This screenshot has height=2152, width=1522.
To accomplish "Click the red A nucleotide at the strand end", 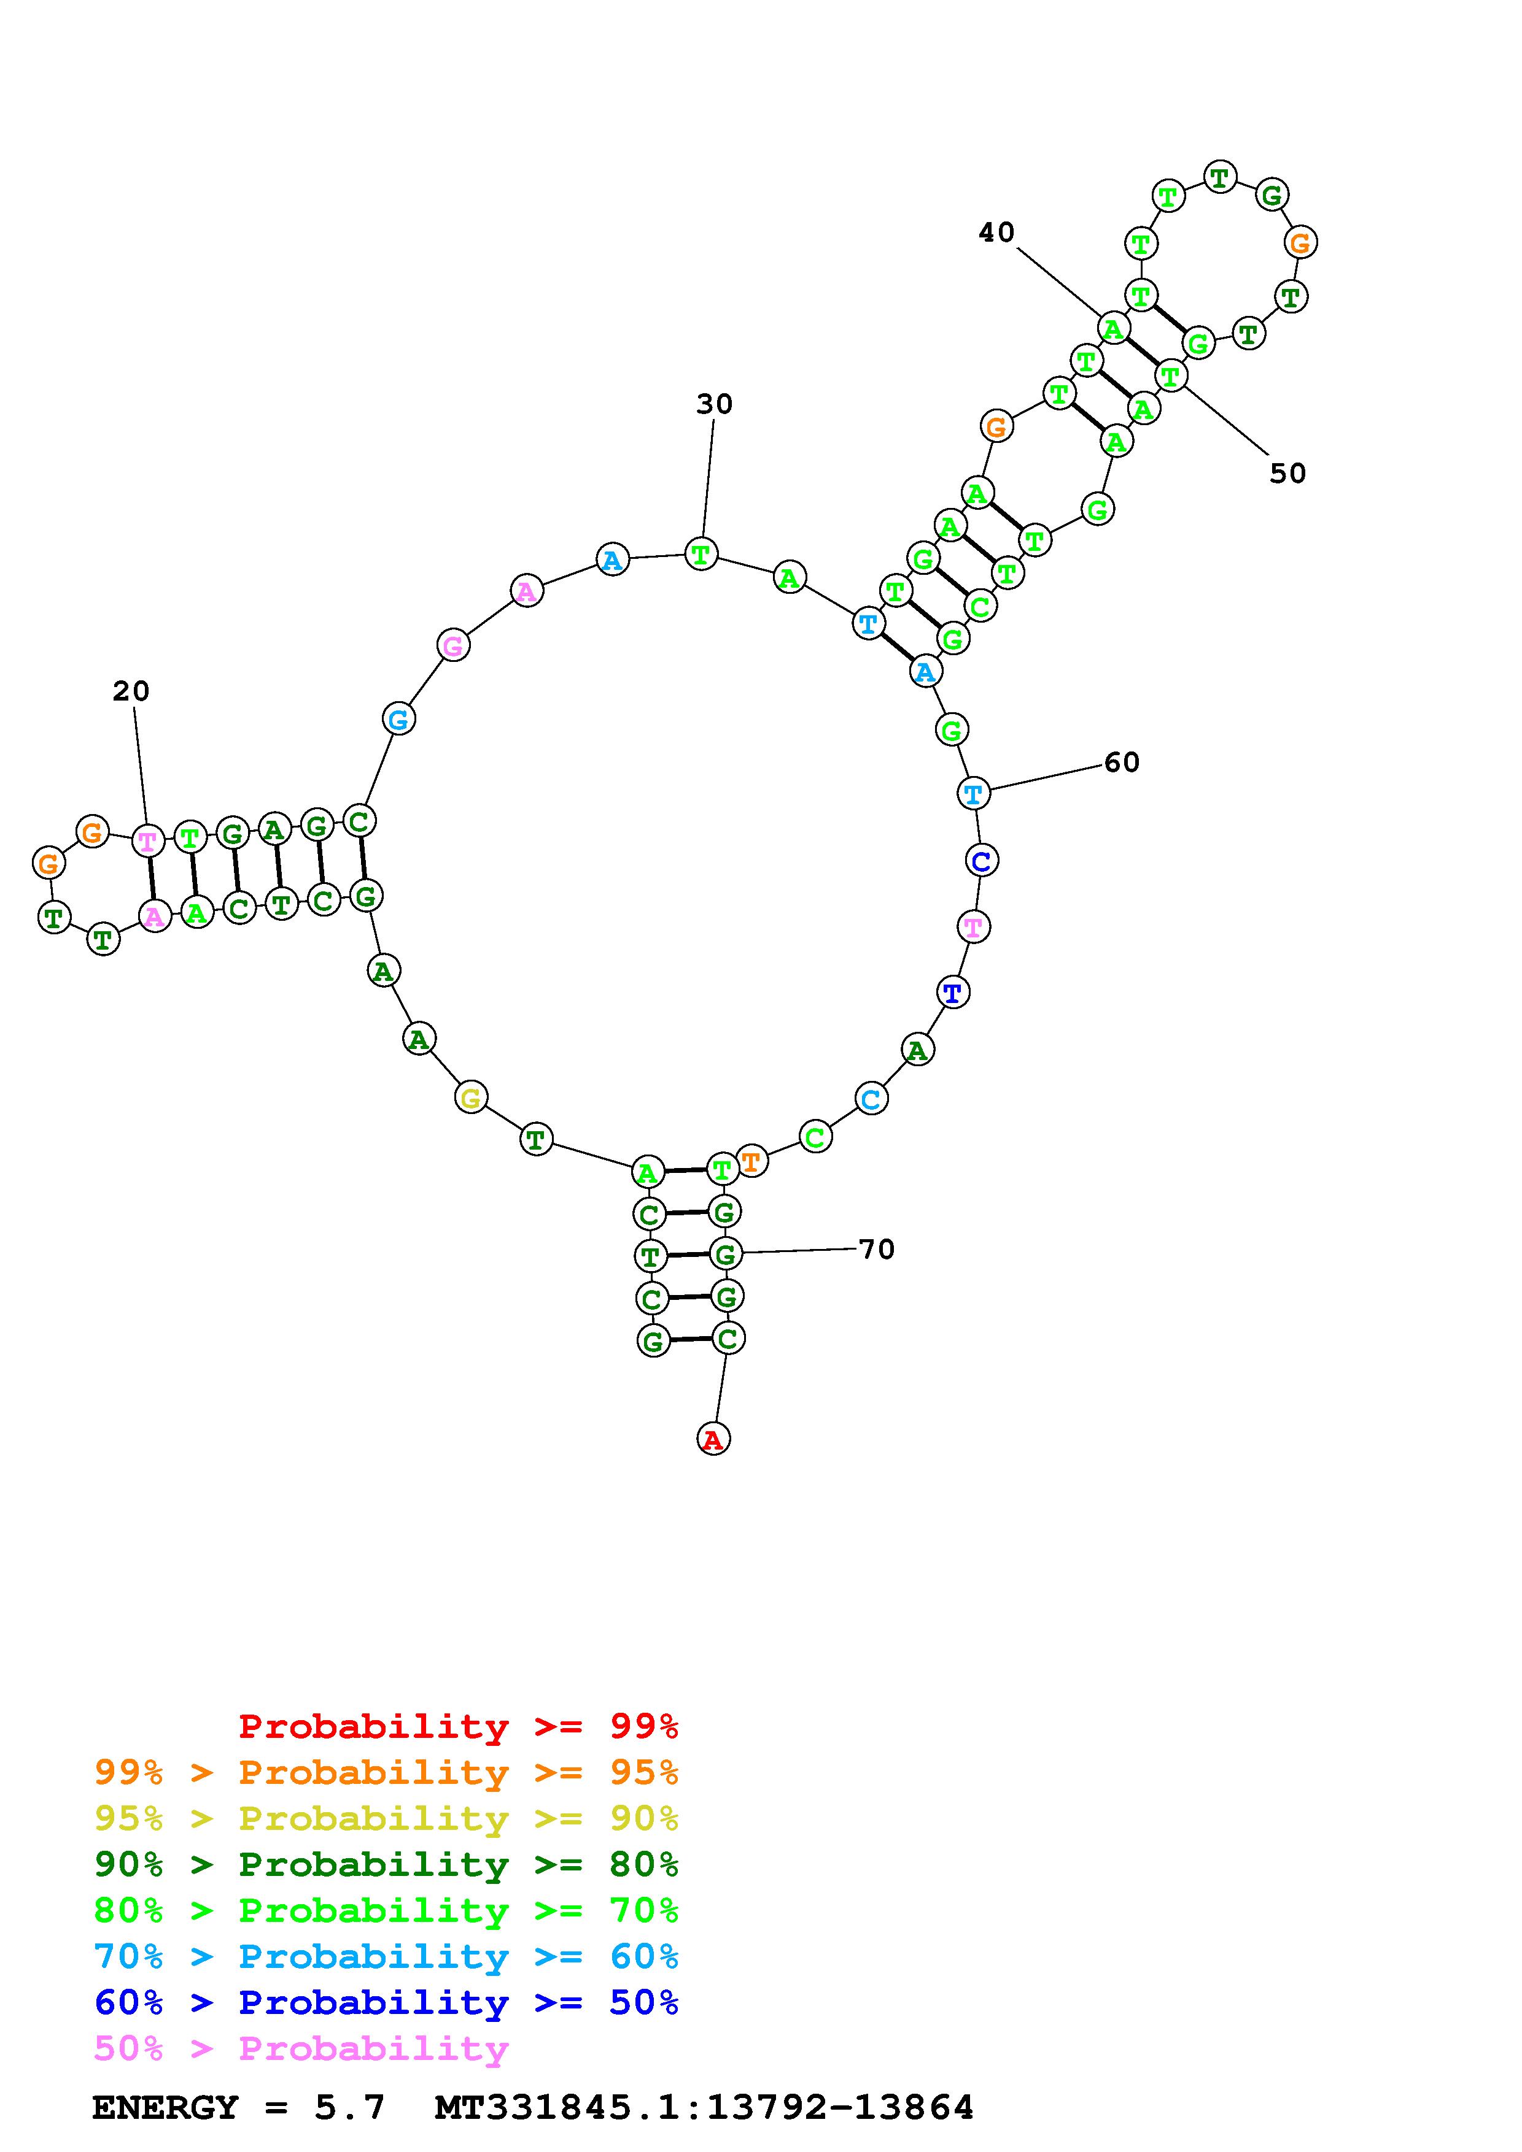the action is pos(713,1439).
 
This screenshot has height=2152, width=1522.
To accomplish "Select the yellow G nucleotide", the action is pos(471,1097).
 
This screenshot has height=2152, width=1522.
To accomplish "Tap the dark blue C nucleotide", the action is pos(982,861).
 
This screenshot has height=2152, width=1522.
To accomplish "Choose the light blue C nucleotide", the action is pos(871,1099).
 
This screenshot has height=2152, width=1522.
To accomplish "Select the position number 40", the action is pos(997,232).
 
